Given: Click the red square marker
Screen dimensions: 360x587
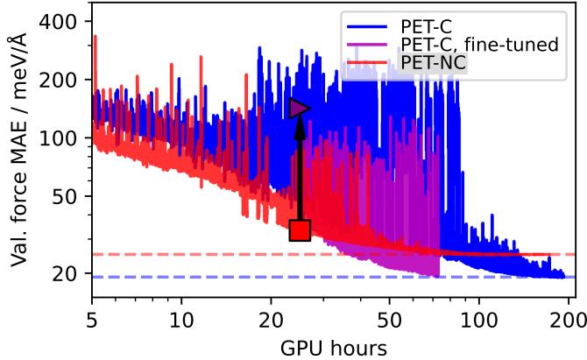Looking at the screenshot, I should point(300,230).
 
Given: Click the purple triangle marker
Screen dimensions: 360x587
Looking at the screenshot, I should point(300,108).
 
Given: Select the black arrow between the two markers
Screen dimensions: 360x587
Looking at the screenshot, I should point(300,171).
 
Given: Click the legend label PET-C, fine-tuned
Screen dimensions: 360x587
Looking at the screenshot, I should point(477,44).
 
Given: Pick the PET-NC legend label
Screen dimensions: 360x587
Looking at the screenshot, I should point(432,63).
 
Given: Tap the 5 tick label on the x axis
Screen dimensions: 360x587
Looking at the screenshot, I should point(92,314).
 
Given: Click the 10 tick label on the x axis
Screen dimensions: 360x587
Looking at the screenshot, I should point(181,314).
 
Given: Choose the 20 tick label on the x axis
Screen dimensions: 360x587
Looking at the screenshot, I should point(272,314).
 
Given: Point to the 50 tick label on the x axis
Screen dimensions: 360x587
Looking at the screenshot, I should point(390,314).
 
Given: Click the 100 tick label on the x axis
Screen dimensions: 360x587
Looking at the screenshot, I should point(479,314).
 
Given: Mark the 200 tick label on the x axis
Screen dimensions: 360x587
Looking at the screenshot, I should point(569,314).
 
